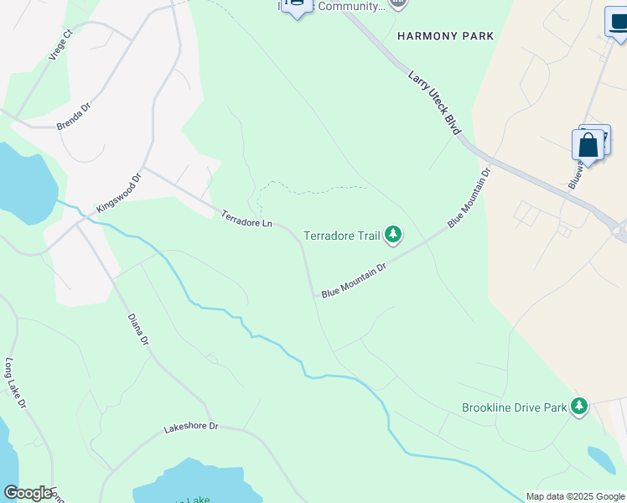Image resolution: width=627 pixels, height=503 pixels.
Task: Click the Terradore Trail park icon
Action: pos(393,236)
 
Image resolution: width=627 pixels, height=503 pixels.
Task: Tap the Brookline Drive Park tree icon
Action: pos(578,407)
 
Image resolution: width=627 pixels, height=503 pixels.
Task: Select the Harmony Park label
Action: pos(445,36)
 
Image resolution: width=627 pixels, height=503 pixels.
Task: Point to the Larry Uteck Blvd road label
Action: pos(435,103)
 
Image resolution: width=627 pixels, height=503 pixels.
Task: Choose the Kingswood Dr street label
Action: pos(121,192)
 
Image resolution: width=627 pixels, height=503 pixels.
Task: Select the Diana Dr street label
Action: pos(138,329)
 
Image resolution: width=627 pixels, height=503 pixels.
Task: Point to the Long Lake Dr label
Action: pos(16,383)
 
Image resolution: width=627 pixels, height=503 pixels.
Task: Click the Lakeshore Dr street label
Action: pos(190,427)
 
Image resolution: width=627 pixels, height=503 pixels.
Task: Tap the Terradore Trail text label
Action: pos(341,236)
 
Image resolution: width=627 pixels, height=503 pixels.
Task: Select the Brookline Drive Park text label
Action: pos(515,408)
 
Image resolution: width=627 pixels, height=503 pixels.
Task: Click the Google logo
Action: pos(28,493)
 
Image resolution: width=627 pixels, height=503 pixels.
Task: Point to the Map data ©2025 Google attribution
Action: pos(575,496)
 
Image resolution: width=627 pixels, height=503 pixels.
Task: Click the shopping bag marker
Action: pos(588,145)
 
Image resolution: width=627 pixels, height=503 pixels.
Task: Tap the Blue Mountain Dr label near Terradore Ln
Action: pos(353,280)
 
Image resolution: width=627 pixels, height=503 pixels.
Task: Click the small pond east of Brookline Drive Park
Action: pos(601,459)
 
